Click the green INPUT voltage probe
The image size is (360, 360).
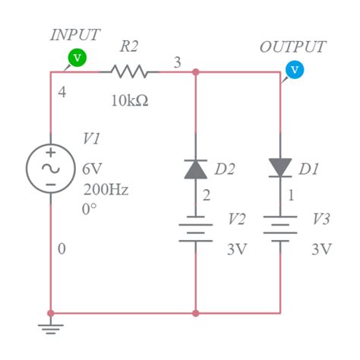[x=77, y=57]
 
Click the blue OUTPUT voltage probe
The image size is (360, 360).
[x=295, y=70]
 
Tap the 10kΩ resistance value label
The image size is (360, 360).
[x=129, y=101]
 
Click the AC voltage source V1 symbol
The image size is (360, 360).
[x=50, y=168]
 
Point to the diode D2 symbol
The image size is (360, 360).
[x=196, y=168]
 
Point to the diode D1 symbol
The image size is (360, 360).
[x=280, y=167]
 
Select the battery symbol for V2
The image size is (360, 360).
[x=196, y=229]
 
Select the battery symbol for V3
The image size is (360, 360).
[x=280, y=229]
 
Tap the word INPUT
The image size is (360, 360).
[x=74, y=35]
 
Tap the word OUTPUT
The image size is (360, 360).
[x=292, y=47]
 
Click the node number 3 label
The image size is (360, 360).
[x=177, y=62]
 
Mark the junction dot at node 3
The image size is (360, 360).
[x=196, y=72]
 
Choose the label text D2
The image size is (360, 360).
[x=225, y=169]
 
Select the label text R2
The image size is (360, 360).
[x=129, y=47]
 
